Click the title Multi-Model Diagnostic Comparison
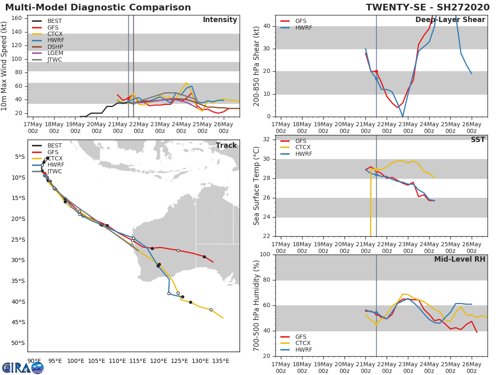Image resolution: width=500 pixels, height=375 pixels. pos(98,7)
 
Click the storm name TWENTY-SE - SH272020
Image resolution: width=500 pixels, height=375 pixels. pos(427,7)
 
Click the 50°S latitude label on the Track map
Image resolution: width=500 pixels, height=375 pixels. pos(18,343)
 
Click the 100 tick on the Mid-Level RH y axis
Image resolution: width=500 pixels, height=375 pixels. pos(265,254)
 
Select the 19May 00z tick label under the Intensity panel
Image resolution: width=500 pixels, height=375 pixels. pos(75,127)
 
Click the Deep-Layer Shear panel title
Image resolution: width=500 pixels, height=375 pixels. pos(450,20)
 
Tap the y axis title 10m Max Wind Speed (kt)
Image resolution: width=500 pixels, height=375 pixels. pos(4,66)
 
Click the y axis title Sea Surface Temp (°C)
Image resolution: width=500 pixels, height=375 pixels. pos(256,186)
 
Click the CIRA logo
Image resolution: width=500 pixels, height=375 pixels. pos(23,368)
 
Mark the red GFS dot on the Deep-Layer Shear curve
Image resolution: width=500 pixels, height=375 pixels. pos(376,72)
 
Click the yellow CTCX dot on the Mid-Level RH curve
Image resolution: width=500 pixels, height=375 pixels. pos(376,324)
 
